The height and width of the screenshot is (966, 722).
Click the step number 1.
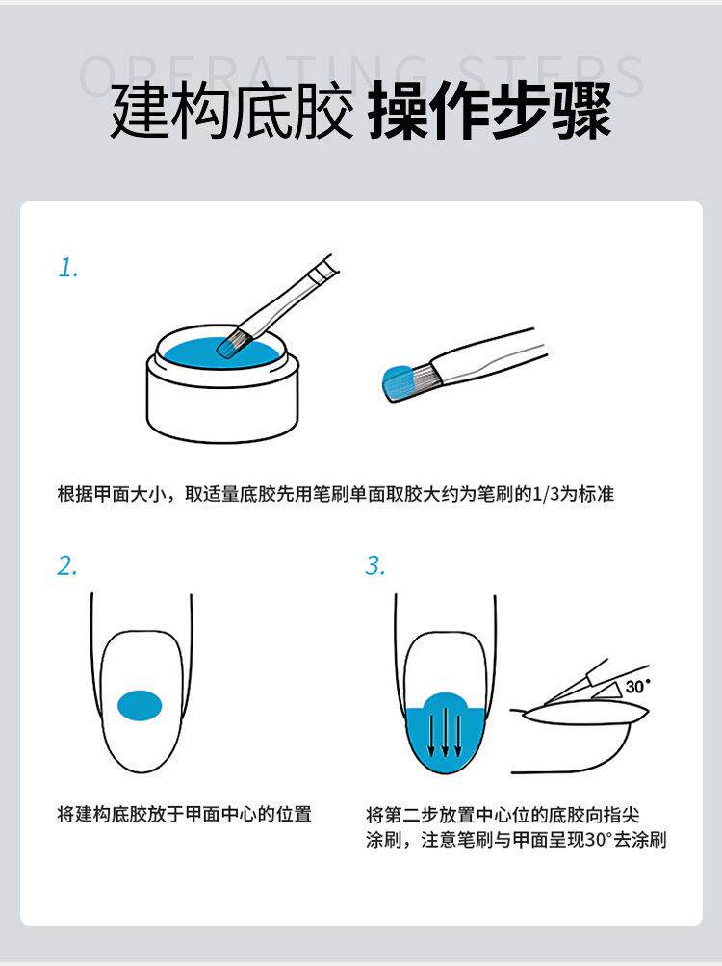click(x=68, y=268)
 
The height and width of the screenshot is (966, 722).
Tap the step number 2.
click(x=67, y=565)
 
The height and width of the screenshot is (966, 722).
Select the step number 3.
click(x=374, y=565)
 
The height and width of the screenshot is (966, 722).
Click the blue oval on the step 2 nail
click(x=140, y=705)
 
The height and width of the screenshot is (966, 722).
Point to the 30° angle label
click(x=637, y=686)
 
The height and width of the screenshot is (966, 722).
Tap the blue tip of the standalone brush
click(x=398, y=383)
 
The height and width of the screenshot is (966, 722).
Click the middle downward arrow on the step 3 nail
click(x=445, y=733)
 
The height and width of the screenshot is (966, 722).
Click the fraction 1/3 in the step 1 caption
click(x=544, y=494)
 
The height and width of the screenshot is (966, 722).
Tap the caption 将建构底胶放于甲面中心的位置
click(x=184, y=814)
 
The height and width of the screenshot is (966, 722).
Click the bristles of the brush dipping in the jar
click(x=233, y=343)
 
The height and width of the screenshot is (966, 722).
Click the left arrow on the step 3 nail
click(x=431, y=733)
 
